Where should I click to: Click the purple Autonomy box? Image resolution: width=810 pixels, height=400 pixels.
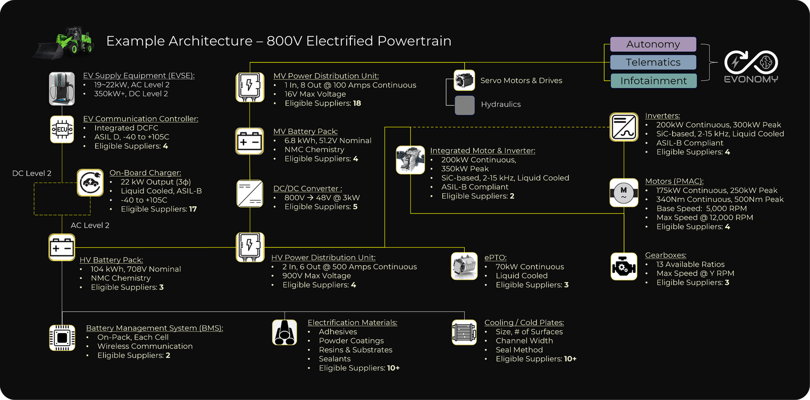pyautogui.click(x=653, y=45)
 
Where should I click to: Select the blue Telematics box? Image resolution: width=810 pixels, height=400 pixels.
pyautogui.click(x=653, y=62)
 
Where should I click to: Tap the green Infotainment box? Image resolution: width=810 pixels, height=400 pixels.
pyautogui.click(x=653, y=81)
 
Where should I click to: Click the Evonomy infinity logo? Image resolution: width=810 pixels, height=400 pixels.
pyautogui.click(x=751, y=63)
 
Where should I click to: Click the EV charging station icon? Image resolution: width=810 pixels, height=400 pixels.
pyautogui.click(x=62, y=88)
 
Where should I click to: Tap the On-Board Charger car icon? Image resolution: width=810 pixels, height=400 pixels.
pyautogui.click(x=90, y=183)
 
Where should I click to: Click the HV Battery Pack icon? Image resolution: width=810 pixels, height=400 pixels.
pyautogui.click(x=62, y=247)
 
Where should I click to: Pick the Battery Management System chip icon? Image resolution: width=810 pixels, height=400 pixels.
pyautogui.click(x=62, y=338)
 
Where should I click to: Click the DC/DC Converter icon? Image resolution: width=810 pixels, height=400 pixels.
pyautogui.click(x=250, y=193)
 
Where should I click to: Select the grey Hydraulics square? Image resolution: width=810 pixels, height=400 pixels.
pyautogui.click(x=464, y=105)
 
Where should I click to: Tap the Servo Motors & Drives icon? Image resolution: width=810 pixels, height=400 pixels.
pyautogui.click(x=464, y=80)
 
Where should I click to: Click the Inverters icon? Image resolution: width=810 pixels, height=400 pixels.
pyautogui.click(x=624, y=127)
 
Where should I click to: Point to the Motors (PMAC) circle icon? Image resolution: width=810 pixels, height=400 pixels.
pyautogui.click(x=624, y=192)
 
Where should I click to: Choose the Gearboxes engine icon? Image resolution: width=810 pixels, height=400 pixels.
pyautogui.click(x=624, y=267)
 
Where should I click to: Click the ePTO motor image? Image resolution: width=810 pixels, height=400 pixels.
pyautogui.click(x=464, y=266)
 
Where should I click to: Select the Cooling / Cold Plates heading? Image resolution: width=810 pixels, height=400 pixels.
pyautogui.click(x=524, y=322)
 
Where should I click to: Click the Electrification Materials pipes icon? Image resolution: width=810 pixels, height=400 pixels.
pyautogui.click(x=285, y=333)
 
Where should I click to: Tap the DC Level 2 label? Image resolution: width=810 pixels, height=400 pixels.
pyautogui.click(x=32, y=173)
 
